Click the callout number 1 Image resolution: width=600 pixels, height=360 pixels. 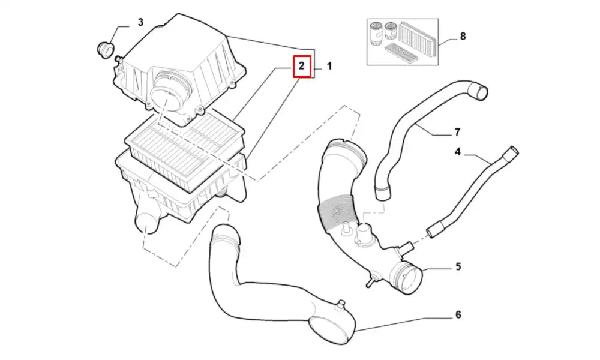point(329,66)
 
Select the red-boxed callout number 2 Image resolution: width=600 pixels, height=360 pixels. point(302,66)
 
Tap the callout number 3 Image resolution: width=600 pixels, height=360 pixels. point(140,23)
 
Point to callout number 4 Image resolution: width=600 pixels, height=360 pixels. point(457,152)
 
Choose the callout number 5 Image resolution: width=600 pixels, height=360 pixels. point(458,266)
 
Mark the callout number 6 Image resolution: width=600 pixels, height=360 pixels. point(458,314)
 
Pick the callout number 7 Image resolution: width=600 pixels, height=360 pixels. point(457,132)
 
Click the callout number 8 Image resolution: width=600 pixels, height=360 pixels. point(463,36)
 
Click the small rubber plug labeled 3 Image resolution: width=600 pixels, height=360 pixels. point(106,49)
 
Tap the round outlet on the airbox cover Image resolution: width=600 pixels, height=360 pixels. point(165,95)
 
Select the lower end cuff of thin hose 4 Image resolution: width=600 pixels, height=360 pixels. point(434,229)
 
